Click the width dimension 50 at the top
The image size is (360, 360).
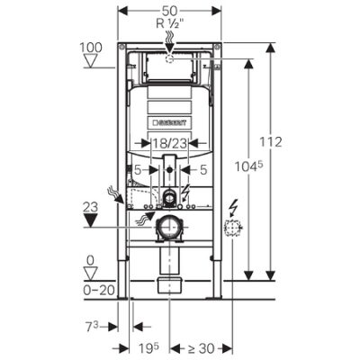coord(169,11)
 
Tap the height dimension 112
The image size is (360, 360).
coord(271,142)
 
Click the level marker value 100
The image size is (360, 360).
coord(91,48)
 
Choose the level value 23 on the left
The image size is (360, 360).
coord(90,207)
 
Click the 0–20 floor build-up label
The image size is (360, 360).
coord(99,290)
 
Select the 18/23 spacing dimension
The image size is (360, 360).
coord(169,143)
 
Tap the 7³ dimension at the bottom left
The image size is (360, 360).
coord(92,328)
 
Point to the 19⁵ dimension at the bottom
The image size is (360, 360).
coord(148,348)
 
